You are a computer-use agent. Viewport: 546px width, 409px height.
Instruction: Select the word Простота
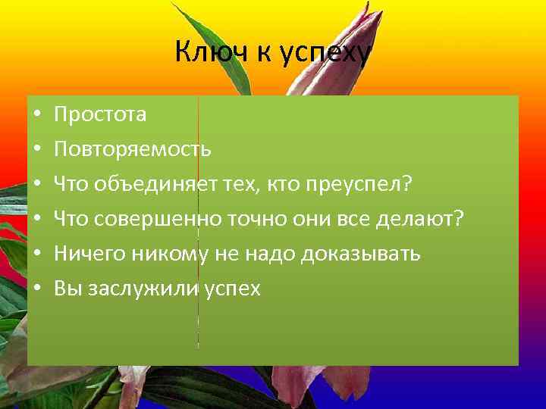(x=100, y=114)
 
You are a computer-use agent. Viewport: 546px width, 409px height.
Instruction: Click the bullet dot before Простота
(x=37, y=115)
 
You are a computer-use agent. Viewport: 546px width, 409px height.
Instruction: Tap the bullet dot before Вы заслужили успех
(x=37, y=289)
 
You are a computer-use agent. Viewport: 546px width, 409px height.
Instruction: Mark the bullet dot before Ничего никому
(x=37, y=254)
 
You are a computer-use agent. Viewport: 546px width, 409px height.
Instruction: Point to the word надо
(x=269, y=254)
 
